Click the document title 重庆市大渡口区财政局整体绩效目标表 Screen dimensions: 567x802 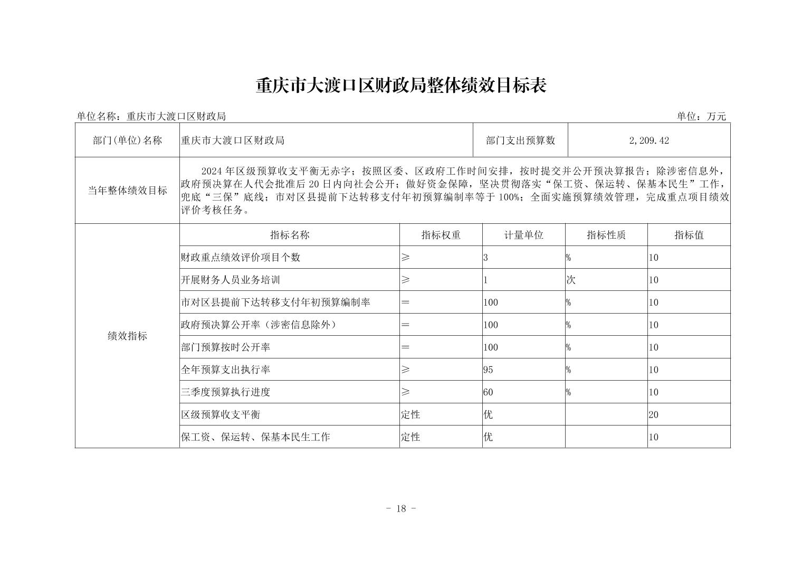click(x=400, y=86)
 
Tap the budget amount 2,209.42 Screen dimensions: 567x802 click(x=649, y=140)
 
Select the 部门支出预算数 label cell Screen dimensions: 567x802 click(x=521, y=140)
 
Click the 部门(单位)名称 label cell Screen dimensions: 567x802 click(x=127, y=140)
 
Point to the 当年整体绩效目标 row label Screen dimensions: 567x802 click(x=127, y=191)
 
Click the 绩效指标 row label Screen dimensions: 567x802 click(x=127, y=336)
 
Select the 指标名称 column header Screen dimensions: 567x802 click(x=289, y=235)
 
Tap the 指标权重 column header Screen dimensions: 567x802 click(x=441, y=235)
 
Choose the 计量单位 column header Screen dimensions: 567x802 click(x=523, y=235)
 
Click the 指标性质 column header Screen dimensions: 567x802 click(x=606, y=235)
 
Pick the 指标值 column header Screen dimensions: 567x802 click(x=689, y=235)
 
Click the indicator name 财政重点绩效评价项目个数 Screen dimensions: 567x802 click(x=241, y=258)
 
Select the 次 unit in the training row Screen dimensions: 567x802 click(x=570, y=280)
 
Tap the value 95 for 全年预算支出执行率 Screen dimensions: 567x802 click(x=488, y=370)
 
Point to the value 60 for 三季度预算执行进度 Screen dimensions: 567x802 click(x=488, y=392)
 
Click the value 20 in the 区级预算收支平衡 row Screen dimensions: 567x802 click(x=654, y=415)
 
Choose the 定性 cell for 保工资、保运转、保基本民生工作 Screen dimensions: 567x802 click(x=410, y=437)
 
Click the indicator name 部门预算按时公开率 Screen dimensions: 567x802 click(x=226, y=347)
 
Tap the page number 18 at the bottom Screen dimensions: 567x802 click(x=401, y=509)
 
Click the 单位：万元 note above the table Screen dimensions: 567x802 click(x=701, y=117)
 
